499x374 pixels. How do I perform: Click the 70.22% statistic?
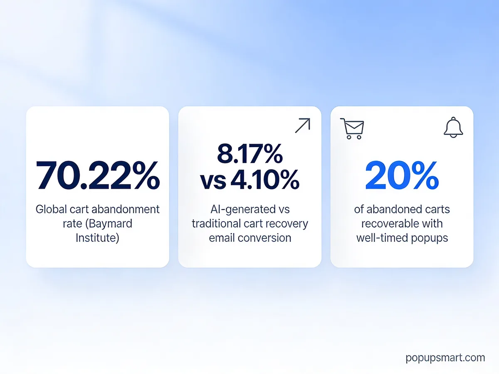coord(98,175)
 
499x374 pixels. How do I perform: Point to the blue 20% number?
coord(402,175)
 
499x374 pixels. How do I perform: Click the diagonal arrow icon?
coord(302,125)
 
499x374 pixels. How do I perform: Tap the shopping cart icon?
coord(352,128)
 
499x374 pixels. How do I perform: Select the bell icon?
coord(453,127)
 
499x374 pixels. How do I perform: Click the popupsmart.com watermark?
coord(445,357)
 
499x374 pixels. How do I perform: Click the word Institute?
coord(97,238)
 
